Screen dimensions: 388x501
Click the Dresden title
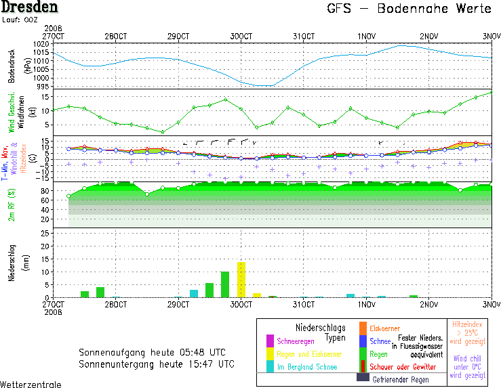click(x=29, y=8)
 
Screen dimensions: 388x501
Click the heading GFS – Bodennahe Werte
click(x=409, y=9)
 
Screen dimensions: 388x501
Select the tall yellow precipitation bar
click(x=241, y=279)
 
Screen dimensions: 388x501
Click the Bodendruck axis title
click(x=12, y=66)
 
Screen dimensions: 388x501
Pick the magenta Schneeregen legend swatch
click(x=270, y=340)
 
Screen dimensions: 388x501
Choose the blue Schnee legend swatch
click(x=363, y=341)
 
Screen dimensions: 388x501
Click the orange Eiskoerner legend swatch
click(x=363, y=328)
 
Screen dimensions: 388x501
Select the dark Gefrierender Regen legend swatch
click(x=363, y=377)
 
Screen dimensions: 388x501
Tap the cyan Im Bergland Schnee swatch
click(x=270, y=366)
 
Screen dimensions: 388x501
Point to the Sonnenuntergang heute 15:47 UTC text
click(x=157, y=364)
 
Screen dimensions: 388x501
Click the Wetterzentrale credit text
click(x=31, y=384)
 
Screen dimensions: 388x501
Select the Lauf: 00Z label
click(x=20, y=20)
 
